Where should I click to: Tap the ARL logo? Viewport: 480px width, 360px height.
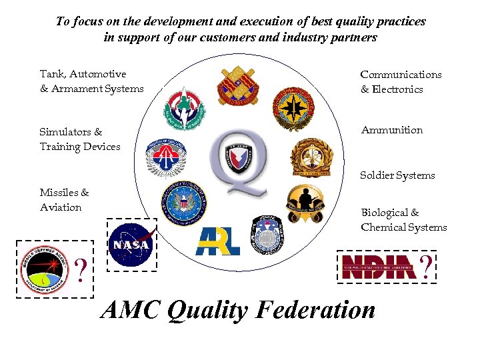pyautogui.click(x=218, y=242)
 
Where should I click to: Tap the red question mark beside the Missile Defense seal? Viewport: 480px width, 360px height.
pyautogui.click(x=81, y=271)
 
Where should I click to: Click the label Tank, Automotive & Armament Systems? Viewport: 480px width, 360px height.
pyautogui.click(x=91, y=81)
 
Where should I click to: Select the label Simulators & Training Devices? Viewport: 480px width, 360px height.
pyautogui.click(x=79, y=139)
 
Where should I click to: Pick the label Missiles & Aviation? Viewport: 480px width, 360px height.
pyautogui.click(x=64, y=200)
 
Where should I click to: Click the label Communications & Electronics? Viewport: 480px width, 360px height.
pyautogui.click(x=401, y=82)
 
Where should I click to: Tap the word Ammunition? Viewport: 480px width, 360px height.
pyautogui.click(x=391, y=130)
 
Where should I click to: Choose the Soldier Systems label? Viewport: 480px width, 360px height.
pyautogui.click(x=397, y=175)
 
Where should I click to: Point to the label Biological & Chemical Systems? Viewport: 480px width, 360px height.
pyautogui.click(x=403, y=220)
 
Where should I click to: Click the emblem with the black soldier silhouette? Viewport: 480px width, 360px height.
pyautogui.click(x=305, y=204)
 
